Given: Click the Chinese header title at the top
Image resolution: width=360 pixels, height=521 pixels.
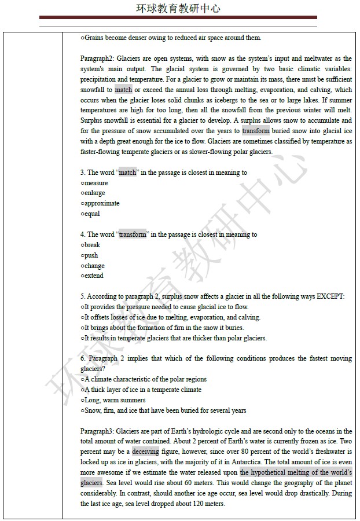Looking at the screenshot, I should click(178, 9).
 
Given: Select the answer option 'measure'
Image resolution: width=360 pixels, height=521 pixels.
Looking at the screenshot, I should click(95, 183).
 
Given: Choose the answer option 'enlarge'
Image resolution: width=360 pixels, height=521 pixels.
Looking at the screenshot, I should click(94, 193).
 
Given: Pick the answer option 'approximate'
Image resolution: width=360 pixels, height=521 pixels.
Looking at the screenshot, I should click(101, 203).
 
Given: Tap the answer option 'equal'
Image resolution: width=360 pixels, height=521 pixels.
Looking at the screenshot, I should click(91, 214).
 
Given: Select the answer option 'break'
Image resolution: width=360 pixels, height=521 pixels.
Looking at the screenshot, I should click(92, 245).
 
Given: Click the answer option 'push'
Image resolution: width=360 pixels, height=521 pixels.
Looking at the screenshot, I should click(91, 255).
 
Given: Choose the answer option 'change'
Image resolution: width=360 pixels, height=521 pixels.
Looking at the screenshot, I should click(94, 266).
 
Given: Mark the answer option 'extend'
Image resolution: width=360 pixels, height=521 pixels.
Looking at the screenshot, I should click(94, 276).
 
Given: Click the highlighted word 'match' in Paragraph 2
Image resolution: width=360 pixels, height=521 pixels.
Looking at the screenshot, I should click(123, 90).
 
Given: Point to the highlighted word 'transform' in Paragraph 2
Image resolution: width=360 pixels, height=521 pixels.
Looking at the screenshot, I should click(256, 131).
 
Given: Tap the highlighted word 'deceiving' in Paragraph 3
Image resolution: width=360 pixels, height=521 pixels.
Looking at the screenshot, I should click(145, 452).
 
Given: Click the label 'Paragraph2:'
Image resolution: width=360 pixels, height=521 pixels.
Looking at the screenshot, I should click(97, 59).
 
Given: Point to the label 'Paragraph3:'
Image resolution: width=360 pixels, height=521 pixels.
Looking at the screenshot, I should click(97, 431).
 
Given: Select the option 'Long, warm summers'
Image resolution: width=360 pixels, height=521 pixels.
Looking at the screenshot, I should click(115, 400).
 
